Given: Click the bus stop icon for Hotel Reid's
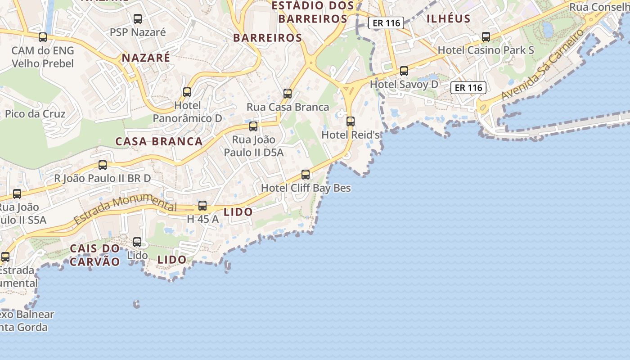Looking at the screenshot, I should [x=351, y=121].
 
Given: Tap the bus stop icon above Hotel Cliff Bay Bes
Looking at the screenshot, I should [x=306, y=175].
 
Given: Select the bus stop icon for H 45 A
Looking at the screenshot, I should [x=202, y=206].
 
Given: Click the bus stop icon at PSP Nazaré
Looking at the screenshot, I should [x=138, y=19].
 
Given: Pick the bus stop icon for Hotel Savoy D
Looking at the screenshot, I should [x=404, y=71].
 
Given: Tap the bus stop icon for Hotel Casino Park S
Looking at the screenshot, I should [x=486, y=37].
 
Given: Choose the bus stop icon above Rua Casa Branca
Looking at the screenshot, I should [x=288, y=94].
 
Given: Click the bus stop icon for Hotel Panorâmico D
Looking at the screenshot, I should [x=187, y=92].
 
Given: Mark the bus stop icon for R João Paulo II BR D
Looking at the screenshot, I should [x=103, y=165].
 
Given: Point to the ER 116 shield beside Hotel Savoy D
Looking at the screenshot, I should [x=468, y=88].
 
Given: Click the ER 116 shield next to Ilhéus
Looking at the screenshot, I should [x=386, y=23].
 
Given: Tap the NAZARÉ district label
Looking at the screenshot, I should [x=146, y=58].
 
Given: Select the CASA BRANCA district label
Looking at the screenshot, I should [x=159, y=141].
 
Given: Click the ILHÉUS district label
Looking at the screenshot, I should [x=448, y=19].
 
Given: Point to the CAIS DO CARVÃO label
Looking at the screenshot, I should [x=95, y=255].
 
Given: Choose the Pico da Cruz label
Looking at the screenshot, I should [x=35, y=114].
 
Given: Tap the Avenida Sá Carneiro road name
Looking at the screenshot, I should [x=543, y=65].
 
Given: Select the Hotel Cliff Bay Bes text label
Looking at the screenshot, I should [x=306, y=188].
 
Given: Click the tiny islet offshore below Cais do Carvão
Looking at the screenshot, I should [x=136, y=305].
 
